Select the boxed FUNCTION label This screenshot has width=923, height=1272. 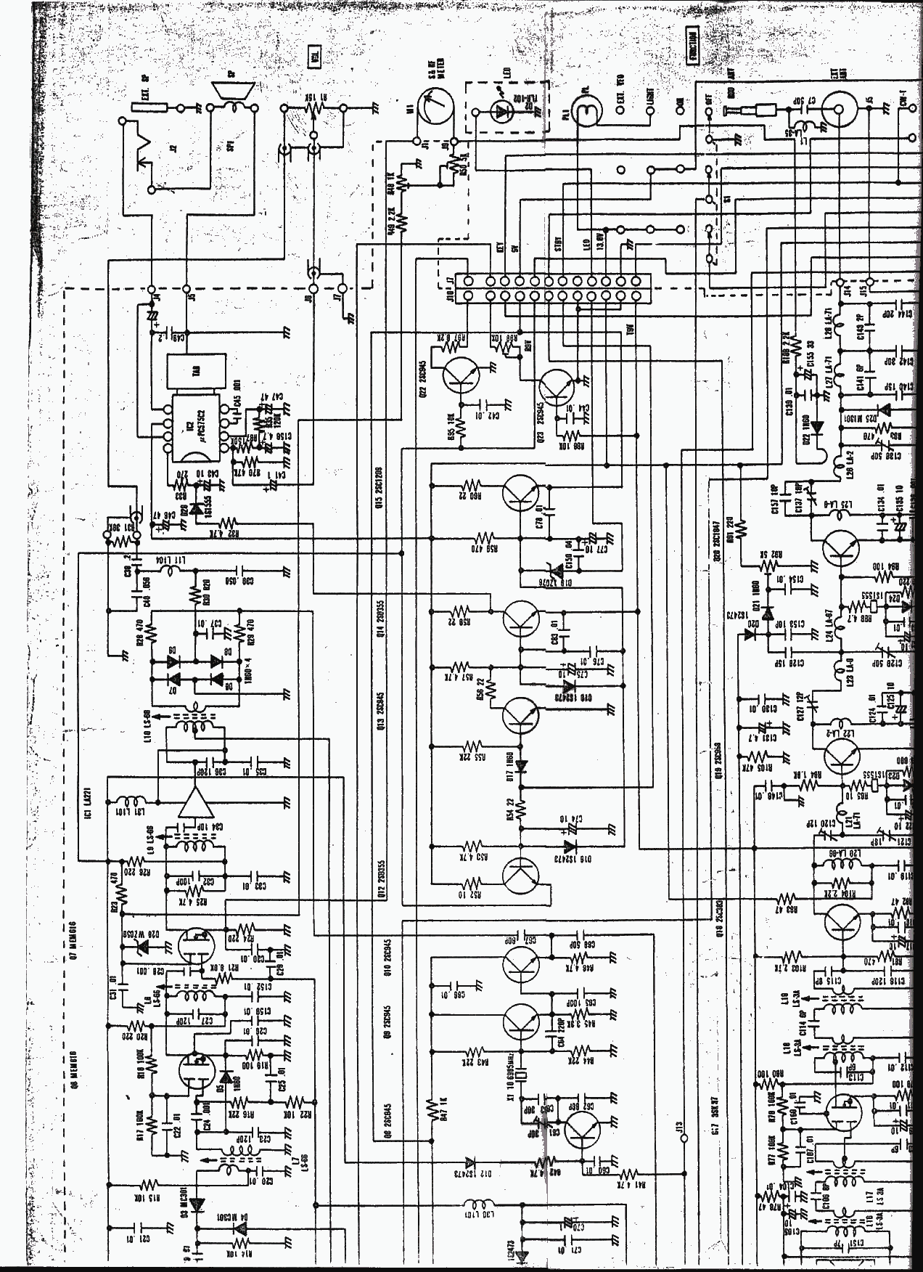pos(694,48)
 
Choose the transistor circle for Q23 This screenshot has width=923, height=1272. pos(557,388)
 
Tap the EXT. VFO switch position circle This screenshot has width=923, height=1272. pos(622,110)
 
